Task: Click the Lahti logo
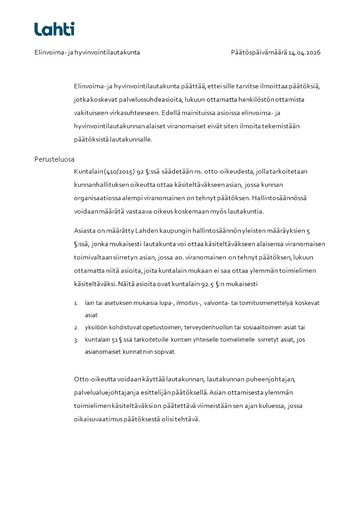(x=54, y=29)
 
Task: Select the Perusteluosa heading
(x=54, y=159)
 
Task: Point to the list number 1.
(x=76, y=303)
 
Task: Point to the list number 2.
(x=76, y=327)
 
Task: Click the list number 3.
(x=76, y=340)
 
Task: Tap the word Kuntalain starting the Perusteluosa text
(x=88, y=172)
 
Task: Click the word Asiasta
(x=85, y=231)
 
